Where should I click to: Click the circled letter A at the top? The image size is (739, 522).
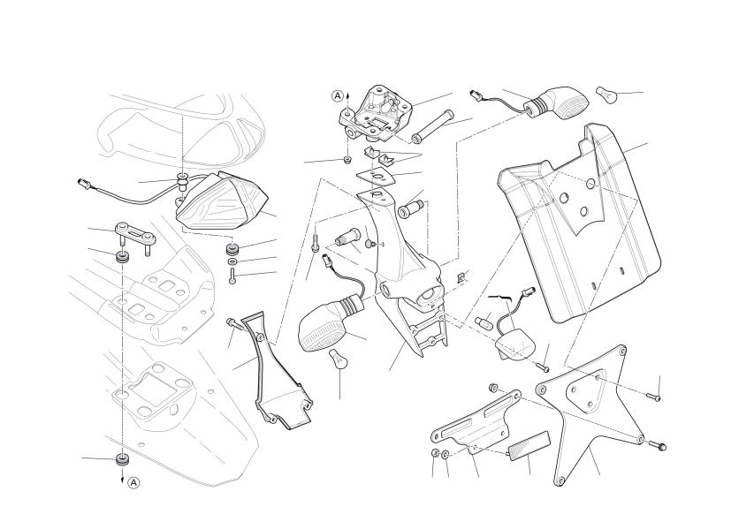[338, 96]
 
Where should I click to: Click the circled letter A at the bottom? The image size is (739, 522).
[134, 482]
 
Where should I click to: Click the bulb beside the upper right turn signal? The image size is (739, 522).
[606, 95]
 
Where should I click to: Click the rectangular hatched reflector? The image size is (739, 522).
[529, 446]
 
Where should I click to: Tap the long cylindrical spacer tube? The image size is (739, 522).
[432, 125]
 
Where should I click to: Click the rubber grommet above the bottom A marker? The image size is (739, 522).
[123, 459]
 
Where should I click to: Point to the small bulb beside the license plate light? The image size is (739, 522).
[485, 322]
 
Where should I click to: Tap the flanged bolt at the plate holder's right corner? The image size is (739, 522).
[658, 444]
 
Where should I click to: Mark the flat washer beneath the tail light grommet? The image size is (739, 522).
[232, 261]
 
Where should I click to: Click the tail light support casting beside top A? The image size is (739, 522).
[376, 114]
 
